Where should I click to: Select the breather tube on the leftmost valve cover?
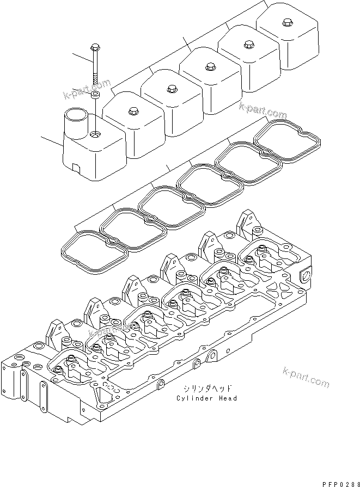(x=75, y=125)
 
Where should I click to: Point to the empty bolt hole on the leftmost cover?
(x=96, y=134)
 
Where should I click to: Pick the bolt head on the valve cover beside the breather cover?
(x=132, y=112)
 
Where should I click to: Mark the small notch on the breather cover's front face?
(x=77, y=167)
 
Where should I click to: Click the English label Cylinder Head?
(x=206, y=399)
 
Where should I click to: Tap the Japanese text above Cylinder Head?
(x=206, y=389)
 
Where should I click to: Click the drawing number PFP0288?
(x=338, y=482)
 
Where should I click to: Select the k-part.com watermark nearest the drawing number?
(x=306, y=378)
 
